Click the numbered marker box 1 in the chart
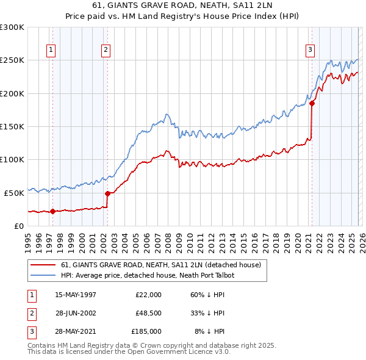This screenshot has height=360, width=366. [x=51, y=50]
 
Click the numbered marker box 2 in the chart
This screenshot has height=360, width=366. [x=106, y=50]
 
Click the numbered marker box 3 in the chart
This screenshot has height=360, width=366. [x=310, y=50]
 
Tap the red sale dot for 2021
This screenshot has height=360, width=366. [x=312, y=104]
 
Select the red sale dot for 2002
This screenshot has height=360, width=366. [x=107, y=193]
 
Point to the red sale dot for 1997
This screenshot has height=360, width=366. [x=52, y=211]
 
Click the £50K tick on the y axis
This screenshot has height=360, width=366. [x=14, y=193]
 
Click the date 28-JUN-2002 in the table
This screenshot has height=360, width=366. [x=76, y=313]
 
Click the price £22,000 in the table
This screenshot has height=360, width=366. [x=148, y=295]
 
